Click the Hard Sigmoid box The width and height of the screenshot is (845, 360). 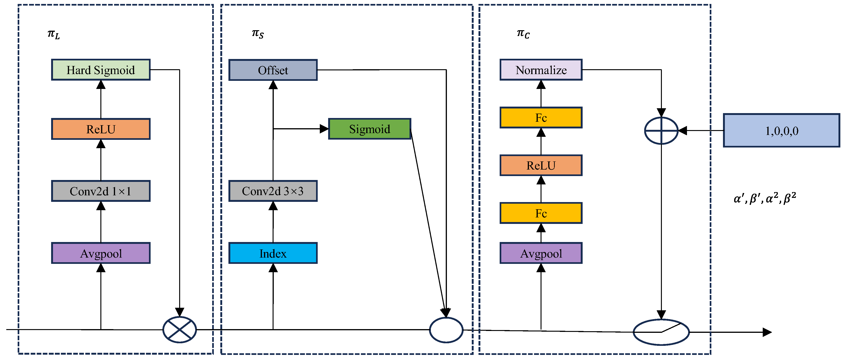point(101,70)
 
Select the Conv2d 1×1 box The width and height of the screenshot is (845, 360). point(101,191)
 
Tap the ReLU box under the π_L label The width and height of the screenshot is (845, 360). point(101,129)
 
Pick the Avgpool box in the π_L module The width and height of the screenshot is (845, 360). point(101,253)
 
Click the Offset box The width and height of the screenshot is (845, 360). point(273,70)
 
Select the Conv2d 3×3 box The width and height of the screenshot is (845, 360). point(273,191)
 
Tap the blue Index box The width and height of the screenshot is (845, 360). point(273,253)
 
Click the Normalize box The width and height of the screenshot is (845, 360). point(541,70)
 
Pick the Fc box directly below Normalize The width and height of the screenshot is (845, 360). point(541,117)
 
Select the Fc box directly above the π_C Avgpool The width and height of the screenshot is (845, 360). point(541,213)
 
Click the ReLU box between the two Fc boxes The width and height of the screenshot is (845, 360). point(541,165)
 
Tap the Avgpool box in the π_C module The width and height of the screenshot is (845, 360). point(541,253)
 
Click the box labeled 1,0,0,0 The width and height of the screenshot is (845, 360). point(781,131)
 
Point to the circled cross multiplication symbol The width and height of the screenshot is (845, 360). point(180,330)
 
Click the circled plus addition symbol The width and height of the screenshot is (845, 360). point(661,131)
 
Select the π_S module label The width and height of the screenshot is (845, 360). point(258,34)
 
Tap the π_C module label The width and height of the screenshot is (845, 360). point(523,34)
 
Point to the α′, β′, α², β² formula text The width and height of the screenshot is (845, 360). point(765,198)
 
